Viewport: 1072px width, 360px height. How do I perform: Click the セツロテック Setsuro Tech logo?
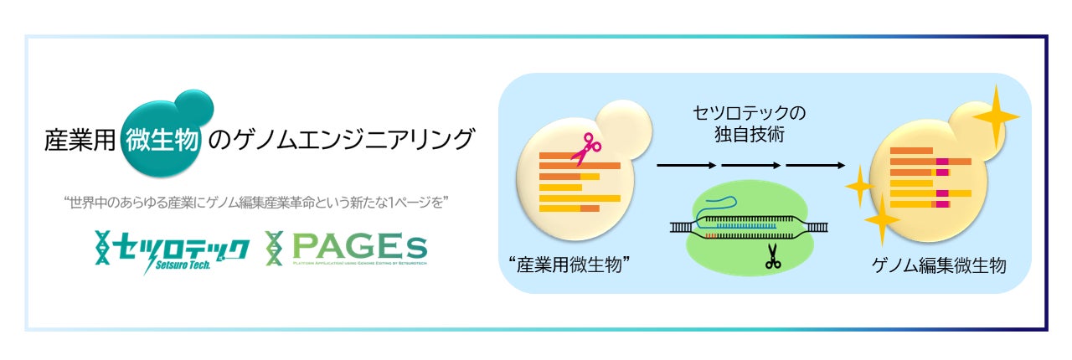173,249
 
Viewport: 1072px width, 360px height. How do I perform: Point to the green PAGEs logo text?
359,246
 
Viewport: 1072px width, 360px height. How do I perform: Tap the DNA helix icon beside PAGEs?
273,248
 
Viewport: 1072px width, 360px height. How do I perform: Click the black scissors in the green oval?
771,260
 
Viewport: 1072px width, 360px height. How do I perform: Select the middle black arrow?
749,165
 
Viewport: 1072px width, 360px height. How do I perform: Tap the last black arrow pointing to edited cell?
815,165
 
